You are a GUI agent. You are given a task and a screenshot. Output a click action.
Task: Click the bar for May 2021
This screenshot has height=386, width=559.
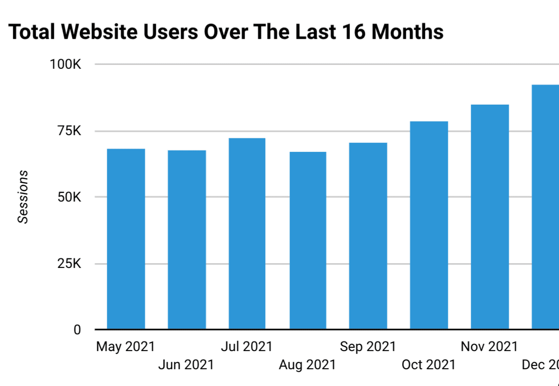click(x=126, y=239)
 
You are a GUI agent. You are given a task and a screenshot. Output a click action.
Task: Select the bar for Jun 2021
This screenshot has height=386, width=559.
click(x=186, y=240)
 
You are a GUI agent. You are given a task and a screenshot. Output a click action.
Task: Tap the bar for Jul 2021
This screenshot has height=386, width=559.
click(x=247, y=234)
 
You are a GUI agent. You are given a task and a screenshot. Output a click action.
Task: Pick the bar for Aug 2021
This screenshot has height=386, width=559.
click(x=308, y=240)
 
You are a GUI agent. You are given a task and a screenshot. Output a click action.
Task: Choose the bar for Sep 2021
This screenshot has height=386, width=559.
click(x=368, y=236)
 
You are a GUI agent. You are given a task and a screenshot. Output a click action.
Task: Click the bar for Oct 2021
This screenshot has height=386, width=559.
click(x=429, y=225)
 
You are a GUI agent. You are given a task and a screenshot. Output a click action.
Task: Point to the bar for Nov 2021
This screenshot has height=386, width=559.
click(x=489, y=217)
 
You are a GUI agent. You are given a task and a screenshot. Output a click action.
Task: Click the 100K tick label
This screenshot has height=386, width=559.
click(x=66, y=64)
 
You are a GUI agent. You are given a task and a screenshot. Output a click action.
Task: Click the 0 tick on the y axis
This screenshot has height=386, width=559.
click(x=77, y=330)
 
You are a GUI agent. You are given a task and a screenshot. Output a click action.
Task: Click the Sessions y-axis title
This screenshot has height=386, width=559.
click(x=23, y=197)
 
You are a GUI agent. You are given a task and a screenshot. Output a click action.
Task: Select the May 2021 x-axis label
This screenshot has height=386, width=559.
click(x=125, y=346)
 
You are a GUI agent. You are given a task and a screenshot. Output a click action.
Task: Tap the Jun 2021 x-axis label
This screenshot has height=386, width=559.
click(x=186, y=365)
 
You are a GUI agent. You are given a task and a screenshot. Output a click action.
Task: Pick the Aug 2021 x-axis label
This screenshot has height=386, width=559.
click(x=308, y=365)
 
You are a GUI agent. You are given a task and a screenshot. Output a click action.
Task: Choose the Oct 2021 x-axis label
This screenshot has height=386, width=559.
click(x=428, y=365)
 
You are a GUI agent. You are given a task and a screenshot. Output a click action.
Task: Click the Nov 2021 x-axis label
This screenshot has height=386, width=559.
click(x=489, y=346)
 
